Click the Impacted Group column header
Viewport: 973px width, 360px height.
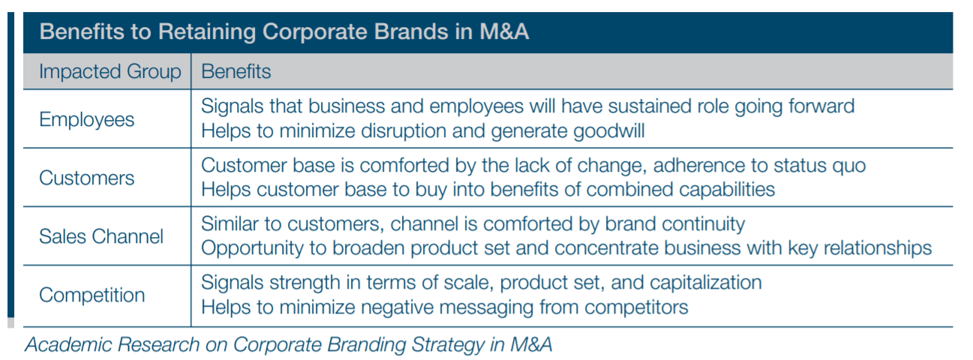[110, 72]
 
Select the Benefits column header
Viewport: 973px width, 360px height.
[236, 71]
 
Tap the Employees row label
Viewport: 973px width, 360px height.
[86, 120]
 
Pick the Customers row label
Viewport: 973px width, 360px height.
[86, 178]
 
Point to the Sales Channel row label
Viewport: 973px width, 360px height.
[101, 237]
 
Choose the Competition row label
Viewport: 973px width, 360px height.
[92, 295]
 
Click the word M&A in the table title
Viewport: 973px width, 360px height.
[504, 31]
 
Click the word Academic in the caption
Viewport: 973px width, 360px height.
[68, 345]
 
